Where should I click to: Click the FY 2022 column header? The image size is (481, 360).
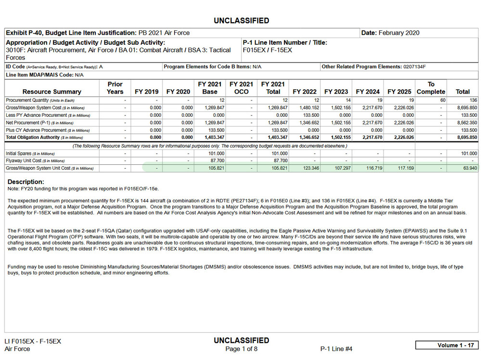(304, 91)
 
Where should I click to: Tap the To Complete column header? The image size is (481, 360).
(431, 87)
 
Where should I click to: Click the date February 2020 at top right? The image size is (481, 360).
(399, 33)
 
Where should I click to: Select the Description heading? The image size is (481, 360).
(26, 182)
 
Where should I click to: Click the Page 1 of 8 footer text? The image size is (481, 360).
(241, 349)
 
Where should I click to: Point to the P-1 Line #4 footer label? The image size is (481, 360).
(336, 349)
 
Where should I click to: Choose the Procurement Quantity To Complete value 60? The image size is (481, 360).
(443, 100)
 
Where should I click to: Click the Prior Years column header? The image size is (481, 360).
(115, 87)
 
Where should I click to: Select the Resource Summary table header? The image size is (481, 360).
(52, 91)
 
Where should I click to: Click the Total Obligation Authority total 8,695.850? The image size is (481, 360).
(467, 137)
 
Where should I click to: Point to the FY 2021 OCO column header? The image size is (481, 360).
(241, 87)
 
